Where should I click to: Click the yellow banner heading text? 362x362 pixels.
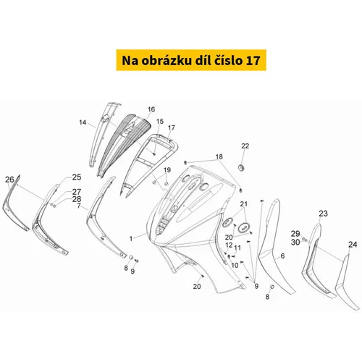tap(191, 60)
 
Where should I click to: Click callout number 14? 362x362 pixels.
tap(83, 122)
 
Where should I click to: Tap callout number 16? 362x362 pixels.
tap(151, 109)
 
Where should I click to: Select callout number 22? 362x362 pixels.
tap(245, 146)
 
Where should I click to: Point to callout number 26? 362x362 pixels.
tap(9, 180)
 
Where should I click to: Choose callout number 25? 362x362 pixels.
tap(77, 177)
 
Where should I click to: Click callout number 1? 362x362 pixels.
tap(131, 239)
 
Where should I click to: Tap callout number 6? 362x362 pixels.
tap(282, 256)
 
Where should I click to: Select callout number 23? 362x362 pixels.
tap(323, 214)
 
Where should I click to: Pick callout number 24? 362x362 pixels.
tap(353, 245)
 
